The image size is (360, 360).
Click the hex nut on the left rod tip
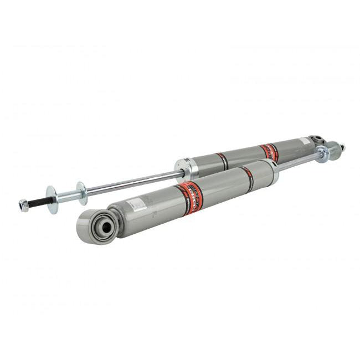coord(23,205)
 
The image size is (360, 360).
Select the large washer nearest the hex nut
coord(52,199)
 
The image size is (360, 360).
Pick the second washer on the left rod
coord(82,193)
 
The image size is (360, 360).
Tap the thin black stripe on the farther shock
coord(222,161)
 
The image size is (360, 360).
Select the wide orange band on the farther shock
coord(269,151)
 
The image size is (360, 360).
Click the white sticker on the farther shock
coord(304,141)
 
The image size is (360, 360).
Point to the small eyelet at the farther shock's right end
coord(317,140)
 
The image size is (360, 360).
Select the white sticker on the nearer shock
coord(136,205)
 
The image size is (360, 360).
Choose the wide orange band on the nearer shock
coord(190,197)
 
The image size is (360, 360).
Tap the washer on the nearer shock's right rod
coord(321,154)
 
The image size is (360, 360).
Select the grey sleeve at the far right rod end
coord(334,150)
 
